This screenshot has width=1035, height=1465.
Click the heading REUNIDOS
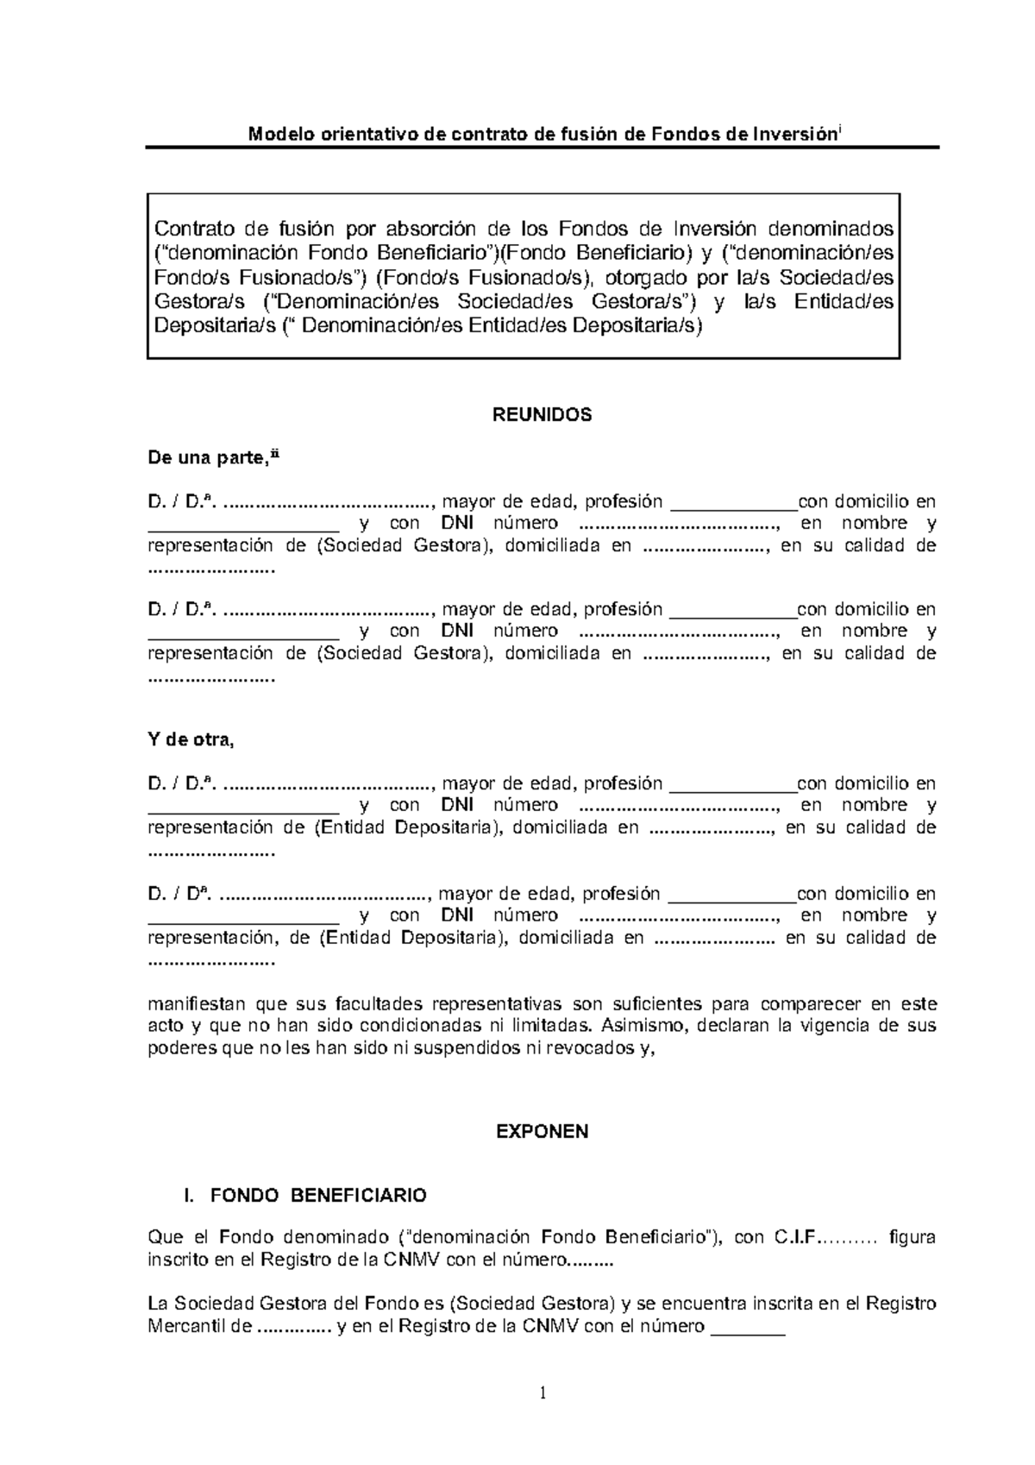point(542,414)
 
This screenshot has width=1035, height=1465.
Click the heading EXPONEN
point(542,1132)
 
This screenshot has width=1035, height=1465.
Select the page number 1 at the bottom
point(543,1393)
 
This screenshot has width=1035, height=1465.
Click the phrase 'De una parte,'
point(208,459)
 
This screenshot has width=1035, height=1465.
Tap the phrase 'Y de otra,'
point(191,739)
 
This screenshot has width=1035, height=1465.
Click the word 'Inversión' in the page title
point(794,135)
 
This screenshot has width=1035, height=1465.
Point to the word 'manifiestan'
point(198,1004)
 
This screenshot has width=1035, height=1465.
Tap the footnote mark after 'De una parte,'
point(276,455)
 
